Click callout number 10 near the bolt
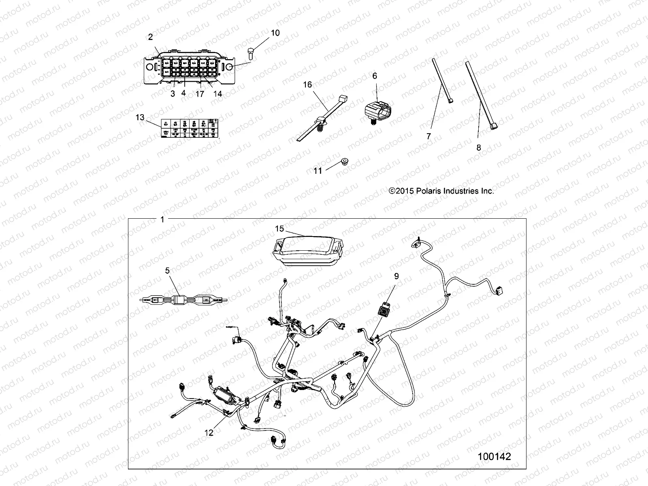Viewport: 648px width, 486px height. coord(275,33)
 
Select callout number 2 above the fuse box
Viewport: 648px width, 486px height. coord(151,37)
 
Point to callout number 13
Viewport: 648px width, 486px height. coord(140,117)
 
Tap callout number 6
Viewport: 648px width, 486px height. coord(375,76)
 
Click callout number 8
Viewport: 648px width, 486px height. coord(479,148)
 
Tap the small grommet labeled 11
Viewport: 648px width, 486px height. coord(345,162)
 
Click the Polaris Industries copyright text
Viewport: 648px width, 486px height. coord(441,191)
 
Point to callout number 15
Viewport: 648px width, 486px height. coord(280,229)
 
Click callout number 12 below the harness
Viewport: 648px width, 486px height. coord(209,433)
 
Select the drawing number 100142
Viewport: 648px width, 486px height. coord(494,457)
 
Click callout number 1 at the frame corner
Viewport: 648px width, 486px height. coord(162,220)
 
